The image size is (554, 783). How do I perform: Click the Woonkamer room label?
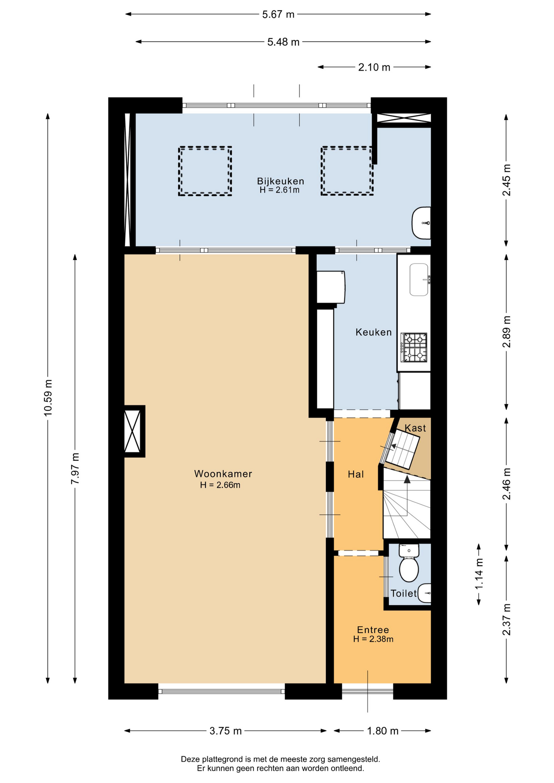(223, 473)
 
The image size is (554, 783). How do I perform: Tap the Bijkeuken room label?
(280, 181)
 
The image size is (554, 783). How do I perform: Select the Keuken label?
(373, 332)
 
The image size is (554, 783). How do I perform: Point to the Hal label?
(356, 474)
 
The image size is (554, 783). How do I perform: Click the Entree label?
(373, 630)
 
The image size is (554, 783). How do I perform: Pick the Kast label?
(415, 428)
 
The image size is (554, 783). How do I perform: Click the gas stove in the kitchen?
(414, 347)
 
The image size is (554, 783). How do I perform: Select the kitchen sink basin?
(419, 279)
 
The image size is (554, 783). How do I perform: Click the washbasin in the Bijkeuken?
(421, 223)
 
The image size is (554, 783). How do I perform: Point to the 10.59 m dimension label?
(48, 398)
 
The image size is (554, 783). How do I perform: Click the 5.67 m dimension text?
(278, 14)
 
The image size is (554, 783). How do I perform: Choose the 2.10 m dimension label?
(374, 67)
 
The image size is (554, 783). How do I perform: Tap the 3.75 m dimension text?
(226, 731)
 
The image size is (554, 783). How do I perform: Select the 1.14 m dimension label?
(479, 574)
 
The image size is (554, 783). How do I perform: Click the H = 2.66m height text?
(220, 485)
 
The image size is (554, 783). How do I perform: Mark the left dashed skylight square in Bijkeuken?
(205, 171)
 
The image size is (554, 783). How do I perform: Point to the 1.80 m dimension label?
(383, 731)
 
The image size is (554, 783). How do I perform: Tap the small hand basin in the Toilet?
(425, 593)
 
